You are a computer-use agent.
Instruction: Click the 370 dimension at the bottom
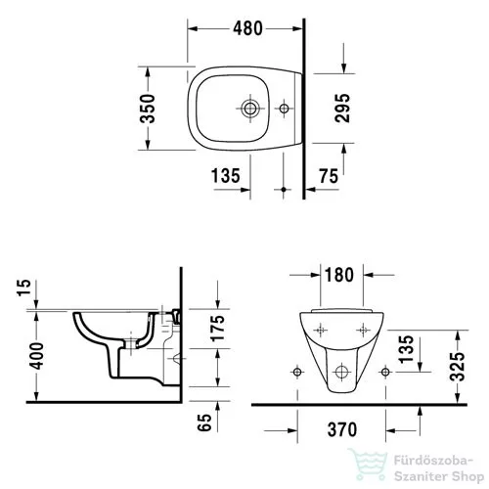(x=341, y=427)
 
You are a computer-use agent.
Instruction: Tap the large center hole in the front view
(x=341, y=371)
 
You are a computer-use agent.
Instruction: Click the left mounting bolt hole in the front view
(x=293, y=371)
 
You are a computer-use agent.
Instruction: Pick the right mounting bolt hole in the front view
(x=388, y=371)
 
